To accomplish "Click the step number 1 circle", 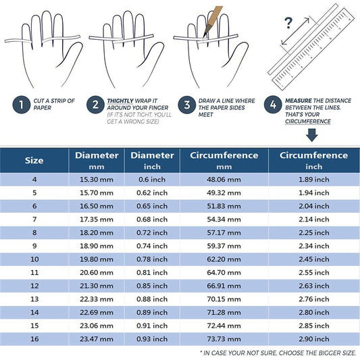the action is click(22, 105).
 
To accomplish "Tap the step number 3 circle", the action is click(187, 105).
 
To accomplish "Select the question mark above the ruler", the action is click(288, 23).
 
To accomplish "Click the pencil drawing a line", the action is click(212, 22).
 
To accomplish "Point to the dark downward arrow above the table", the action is click(312, 135).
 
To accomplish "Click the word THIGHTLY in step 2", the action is click(120, 101).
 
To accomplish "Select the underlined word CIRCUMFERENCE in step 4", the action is click(308, 122).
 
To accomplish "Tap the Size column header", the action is click(34, 160).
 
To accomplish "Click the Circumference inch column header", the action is click(313, 161).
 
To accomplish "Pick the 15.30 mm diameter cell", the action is click(97, 180).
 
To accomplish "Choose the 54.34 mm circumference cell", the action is click(224, 220).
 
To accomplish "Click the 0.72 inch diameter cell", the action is click(152, 233).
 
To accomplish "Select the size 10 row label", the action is click(34, 259).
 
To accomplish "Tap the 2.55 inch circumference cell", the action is click(314, 273).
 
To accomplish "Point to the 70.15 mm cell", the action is click(224, 299).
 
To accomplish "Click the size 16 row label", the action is click(34, 339).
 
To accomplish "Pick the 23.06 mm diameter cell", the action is click(97, 326).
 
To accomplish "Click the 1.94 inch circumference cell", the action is click(314, 193).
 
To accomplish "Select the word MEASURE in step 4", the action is click(299, 101).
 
